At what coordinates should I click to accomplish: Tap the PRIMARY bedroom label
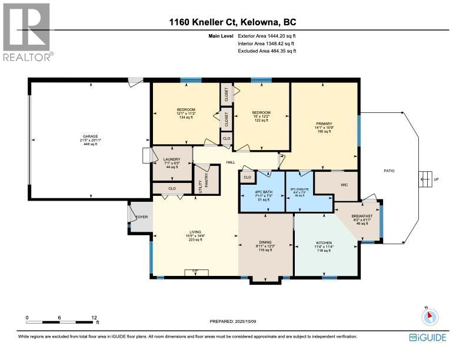(x=324, y=124)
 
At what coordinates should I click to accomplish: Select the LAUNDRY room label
(x=172, y=159)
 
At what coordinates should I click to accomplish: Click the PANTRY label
(x=207, y=179)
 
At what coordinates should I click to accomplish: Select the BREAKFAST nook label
(x=362, y=215)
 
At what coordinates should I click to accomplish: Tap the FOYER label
(x=141, y=217)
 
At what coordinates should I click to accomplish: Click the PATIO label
(x=389, y=171)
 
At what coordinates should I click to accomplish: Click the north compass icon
(x=430, y=316)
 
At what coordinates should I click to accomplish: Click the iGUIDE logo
(x=428, y=337)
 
